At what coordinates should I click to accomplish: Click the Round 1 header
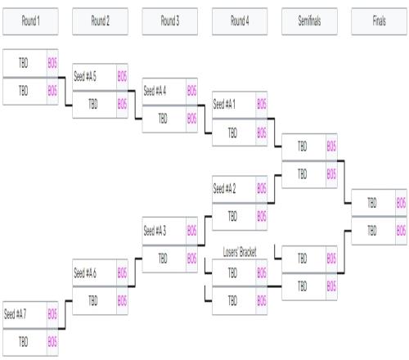click(30, 21)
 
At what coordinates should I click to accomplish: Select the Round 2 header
click(100, 21)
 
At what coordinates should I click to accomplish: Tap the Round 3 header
click(170, 21)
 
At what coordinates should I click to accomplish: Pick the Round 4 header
click(240, 21)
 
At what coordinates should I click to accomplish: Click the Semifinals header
click(309, 21)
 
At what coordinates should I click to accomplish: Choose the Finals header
click(380, 21)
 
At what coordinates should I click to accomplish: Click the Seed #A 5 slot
click(95, 77)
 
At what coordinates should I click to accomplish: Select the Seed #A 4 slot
click(164, 91)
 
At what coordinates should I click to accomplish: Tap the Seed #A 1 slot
click(234, 105)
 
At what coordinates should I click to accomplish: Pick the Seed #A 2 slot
click(234, 189)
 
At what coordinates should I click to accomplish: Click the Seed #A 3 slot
click(164, 231)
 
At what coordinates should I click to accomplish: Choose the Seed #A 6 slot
click(95, 272)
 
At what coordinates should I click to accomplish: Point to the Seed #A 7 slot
click(25, 315)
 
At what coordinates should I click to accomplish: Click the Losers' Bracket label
click(240, 252)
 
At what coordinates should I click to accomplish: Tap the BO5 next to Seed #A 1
click(262, 104)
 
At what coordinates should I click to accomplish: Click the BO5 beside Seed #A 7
click(52, 314)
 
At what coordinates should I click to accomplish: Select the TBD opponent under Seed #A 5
click(95, 105)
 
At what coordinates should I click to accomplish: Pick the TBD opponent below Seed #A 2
click(234, 217)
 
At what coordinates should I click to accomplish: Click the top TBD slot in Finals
click(374, 203)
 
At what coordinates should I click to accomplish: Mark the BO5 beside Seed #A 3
click(191, 231)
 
